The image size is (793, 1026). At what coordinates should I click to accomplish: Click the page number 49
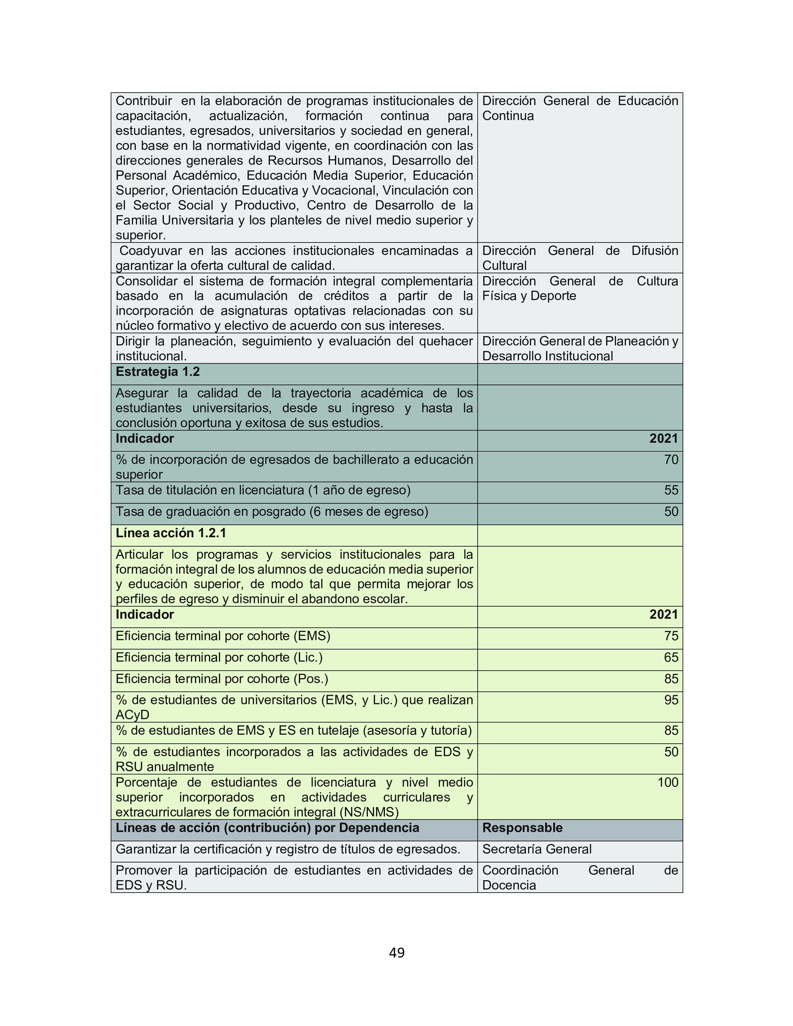click(396, 953)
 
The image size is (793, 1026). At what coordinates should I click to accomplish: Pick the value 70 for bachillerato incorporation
click(671, 460)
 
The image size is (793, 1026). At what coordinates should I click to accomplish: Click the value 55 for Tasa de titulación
click(671, 490)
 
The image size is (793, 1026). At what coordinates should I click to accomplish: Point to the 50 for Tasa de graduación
click(671, 511)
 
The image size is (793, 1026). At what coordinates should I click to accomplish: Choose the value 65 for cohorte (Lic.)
click(671, 657)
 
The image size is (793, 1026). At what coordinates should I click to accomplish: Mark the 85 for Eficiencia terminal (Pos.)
click(671, 679)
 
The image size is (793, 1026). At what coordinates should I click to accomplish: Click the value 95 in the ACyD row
click(671, 700)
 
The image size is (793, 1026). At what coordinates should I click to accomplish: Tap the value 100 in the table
click(668, 782)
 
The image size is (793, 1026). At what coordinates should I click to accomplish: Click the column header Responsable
click(522, 827)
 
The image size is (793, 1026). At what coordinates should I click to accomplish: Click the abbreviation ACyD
click(132, 715)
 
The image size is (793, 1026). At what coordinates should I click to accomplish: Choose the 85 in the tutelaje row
click(671, 731)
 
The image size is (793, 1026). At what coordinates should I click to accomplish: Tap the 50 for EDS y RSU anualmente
click(671, 752)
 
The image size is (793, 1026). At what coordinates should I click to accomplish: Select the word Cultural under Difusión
click(504, 266)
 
